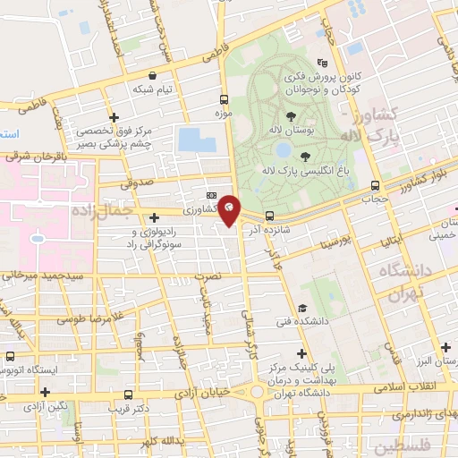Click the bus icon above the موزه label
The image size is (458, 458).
[223, 100]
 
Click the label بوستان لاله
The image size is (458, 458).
[291, 131]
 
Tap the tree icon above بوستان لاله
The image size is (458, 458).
[291, 115]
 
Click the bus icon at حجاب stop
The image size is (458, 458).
[375, 186]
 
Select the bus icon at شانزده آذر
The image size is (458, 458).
[268, 215]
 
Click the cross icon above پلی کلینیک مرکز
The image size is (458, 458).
[301, 353]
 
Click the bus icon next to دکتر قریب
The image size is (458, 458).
[129, 394]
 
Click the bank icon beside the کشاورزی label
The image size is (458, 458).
[211, 195]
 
